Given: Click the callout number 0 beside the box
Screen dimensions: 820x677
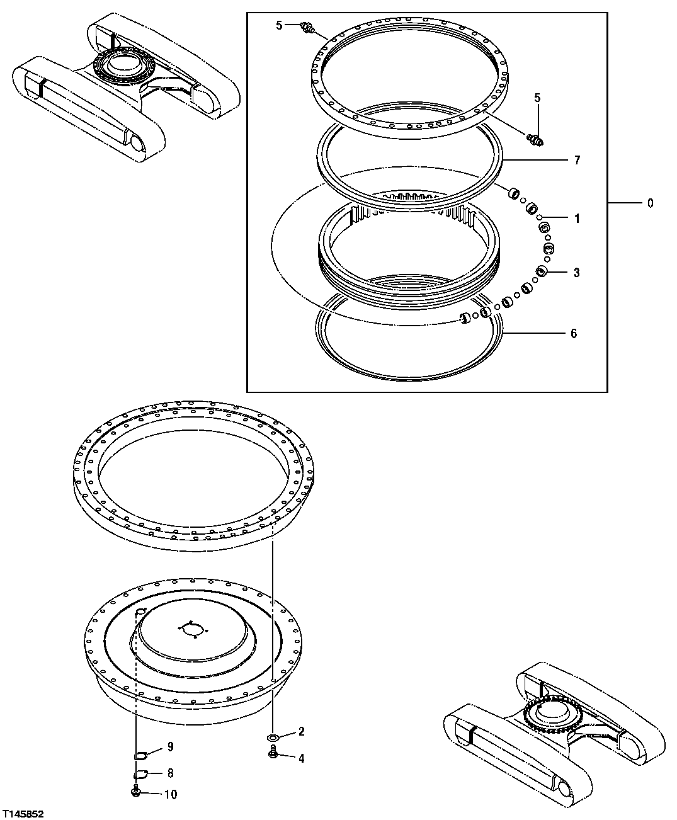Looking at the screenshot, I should coord(651,203).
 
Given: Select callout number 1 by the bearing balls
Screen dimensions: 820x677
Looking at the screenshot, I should coord(576,219).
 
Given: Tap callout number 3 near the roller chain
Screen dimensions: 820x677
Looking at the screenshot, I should coord(576,273).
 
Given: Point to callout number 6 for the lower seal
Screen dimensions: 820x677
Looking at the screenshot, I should coord(573,334).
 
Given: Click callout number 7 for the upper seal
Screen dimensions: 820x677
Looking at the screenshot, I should coord(576,160).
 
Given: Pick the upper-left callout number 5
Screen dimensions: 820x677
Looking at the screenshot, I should coord(279,25).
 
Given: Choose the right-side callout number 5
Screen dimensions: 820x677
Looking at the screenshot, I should coord(537,98).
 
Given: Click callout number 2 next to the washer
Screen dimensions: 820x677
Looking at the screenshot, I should coord(302,731).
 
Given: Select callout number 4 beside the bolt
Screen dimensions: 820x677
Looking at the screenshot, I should coord(302,758).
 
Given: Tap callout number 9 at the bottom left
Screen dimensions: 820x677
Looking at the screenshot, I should coord(169,747).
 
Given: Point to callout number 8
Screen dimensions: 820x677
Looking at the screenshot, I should coord(169,773).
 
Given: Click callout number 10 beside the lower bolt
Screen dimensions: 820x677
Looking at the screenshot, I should coord(171,794).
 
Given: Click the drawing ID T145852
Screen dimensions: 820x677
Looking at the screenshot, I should coord(23,814).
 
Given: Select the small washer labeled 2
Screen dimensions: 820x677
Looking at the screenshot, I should coord(273,736).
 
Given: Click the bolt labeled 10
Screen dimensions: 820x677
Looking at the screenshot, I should coord(136,792).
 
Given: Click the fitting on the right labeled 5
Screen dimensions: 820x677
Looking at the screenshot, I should coord(535,138).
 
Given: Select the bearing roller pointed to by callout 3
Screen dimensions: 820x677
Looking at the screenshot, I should coord(540,271).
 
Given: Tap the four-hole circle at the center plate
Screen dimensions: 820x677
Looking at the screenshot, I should coord(192,629).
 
